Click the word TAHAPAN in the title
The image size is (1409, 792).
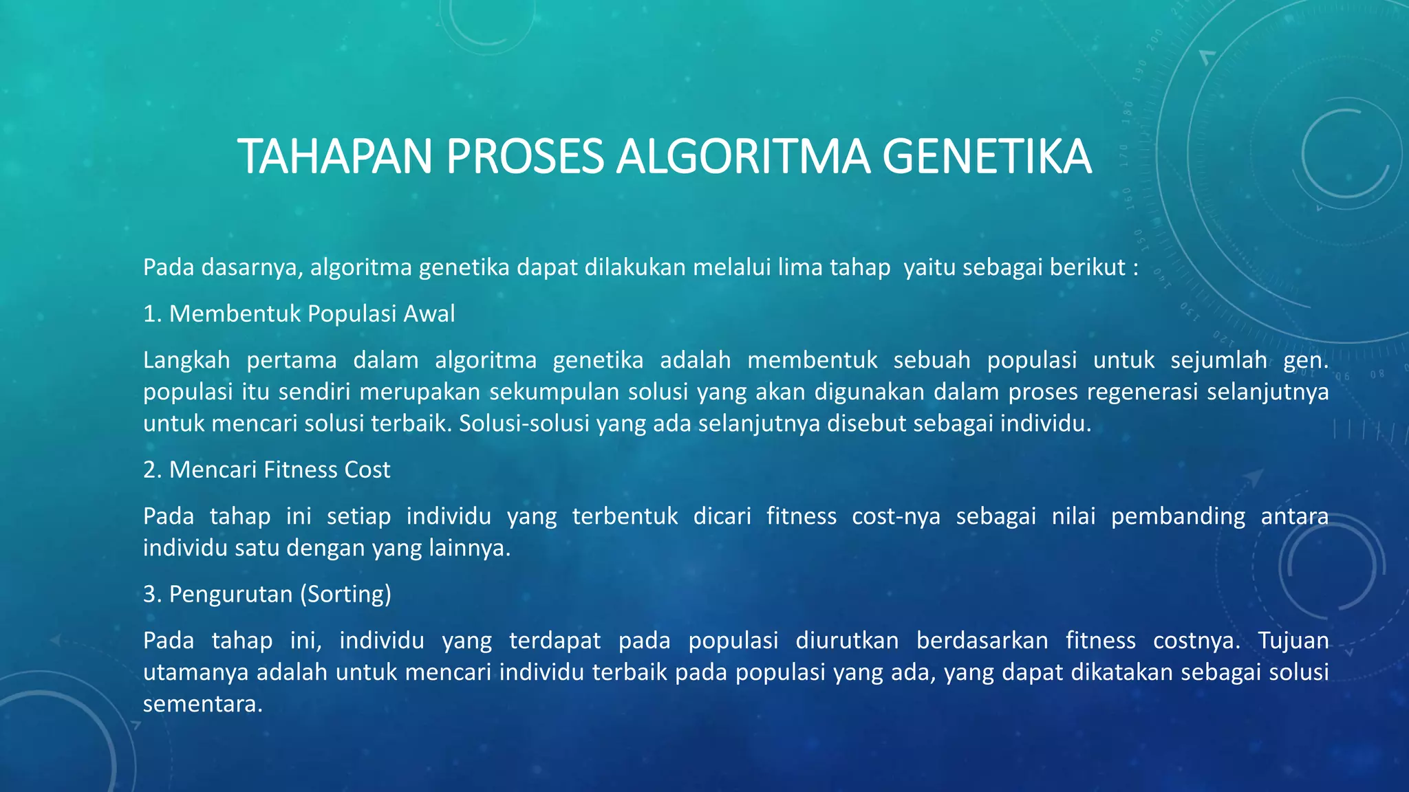tap(334, 157)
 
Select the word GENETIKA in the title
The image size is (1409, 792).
tap(987, 157)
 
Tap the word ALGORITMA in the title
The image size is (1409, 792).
tap(743, 157)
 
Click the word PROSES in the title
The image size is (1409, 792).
tap(524, 157)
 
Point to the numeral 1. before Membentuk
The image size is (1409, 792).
tap(152, 314)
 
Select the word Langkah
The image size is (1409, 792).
tap(186, 360)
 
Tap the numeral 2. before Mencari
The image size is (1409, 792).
tap(152, 470)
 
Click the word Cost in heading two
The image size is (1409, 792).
tap(367, 470)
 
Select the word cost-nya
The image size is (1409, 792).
tap(896, 516)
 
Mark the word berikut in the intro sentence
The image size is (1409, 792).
tap(1088, 267)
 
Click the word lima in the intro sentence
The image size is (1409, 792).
tap(799, 267)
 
